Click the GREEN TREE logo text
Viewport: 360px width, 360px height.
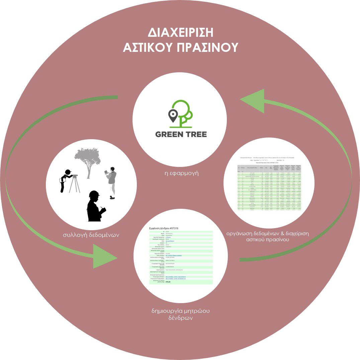pos(181,134)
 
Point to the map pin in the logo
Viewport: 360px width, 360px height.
pos(173,116)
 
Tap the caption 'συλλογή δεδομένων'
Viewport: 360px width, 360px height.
pos(91,235)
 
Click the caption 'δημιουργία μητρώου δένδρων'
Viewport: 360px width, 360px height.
pos(180,315)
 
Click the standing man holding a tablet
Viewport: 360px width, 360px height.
pos(112,182)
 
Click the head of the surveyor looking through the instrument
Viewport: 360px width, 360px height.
pos(69,173)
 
